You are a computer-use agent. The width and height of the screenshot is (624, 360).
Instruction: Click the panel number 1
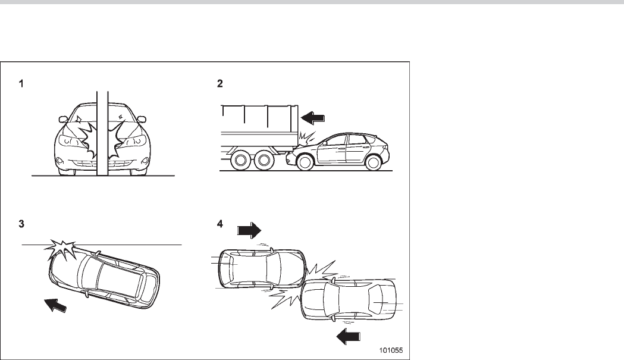coord(21,84)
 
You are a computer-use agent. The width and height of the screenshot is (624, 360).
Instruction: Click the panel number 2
coord(220,84)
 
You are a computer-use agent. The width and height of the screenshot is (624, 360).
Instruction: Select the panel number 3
coord(21,224)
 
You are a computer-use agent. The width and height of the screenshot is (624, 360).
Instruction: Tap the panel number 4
coord(220,224)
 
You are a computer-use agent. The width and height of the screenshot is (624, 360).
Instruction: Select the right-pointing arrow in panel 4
coord(249,230)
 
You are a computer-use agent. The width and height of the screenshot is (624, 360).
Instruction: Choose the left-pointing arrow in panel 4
coord(348,337)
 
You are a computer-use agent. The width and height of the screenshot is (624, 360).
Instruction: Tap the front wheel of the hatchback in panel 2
coord(305,161)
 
